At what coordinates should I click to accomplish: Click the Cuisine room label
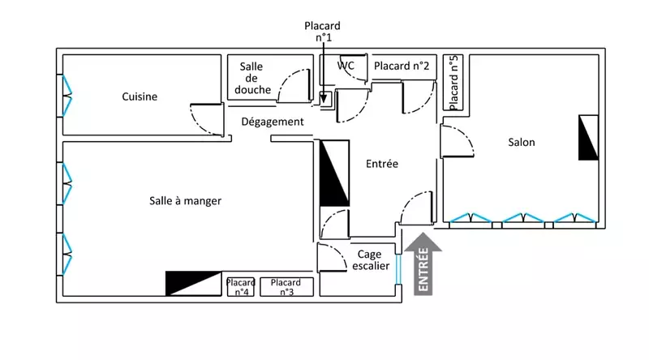pyautogui.click(x=140, y=96)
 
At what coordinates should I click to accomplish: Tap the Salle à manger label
pyautogui.click(x=185, y=201)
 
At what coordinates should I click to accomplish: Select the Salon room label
pyautogui.click(x=522, y=143)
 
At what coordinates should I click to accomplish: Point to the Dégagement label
pyautogui.click(x=273, y=122)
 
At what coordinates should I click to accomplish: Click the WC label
pyautogui.click(x=346, y=66)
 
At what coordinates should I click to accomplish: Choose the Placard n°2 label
pyautogui.click(x=402, y=66)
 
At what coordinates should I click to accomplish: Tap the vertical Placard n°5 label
pyautogui.click(x=453, y=83)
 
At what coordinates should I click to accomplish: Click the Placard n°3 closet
pyautogui.click(x=286, y=287)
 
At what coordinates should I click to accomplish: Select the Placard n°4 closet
pyautogui.click(x=240, y=287)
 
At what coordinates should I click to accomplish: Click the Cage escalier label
pyautogui.click(x=371, y=259)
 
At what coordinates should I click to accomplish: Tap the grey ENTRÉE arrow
pyautogui.click(x=423, y=264)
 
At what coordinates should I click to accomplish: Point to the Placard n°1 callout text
pyautogui.click(x=322, y=32)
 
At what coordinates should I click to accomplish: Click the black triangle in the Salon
pyautogui.click(x=588, y=137)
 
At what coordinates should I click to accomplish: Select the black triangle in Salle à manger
pyautogui.click(x=193, y=284)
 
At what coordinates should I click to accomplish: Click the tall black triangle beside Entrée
pyautogui.click(x=334, y=173)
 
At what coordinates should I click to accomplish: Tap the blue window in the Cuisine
pyautogui.click(x=67, y=96)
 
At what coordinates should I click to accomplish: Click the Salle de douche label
pyautogui.click(x=252, y=78)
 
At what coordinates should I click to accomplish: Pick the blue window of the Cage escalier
pyautogui.click(x=398, y=269)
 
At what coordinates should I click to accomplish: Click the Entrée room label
pyautogui.click(x=382, y=164)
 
